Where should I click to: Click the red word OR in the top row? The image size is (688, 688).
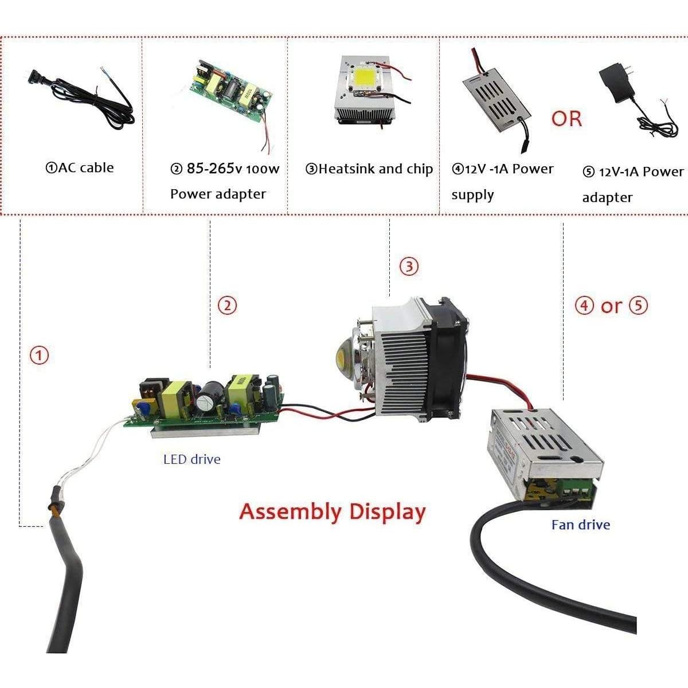pos(566,119)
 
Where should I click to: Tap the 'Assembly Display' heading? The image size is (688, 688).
pos(333,511)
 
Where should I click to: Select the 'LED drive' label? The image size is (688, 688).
pos(191,459)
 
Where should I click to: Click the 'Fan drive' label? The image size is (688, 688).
pos(580,525)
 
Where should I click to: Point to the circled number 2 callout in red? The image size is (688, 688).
pos(228,306)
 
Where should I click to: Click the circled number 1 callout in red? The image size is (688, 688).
pos(39,355)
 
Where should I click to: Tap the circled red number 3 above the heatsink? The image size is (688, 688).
pos(409,267)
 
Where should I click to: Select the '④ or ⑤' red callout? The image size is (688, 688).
pos(611,306)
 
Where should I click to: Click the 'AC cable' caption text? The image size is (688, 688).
pos(80,168)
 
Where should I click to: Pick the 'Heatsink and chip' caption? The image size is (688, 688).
pos(369,169)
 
